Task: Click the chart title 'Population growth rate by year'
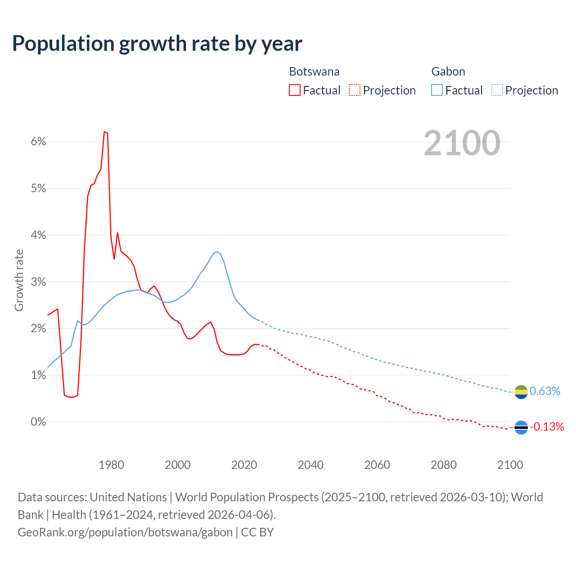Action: pyautogui.click(x=157, y=44)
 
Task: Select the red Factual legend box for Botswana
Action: pyautogui.click(x=295, y=90)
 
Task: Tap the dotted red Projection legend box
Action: pyautogui.click(x=355, y=90)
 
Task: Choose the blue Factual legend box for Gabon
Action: pyautogui.click(x=437, y=90)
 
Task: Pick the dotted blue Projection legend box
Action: pyautogui.click(x=497, y=90)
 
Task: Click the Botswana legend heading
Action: pyautogui.click(x=314, y=72)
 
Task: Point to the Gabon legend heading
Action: pyautogui.click(x=448, y=72)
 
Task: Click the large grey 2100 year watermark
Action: pyautogui.click(x=462, y=143)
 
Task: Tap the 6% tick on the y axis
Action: pyautogui.click(x=39, y=142)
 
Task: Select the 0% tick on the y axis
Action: pyautogui.click(x=39, y=422)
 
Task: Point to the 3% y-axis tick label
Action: pyautogui.click(x=39, y=282)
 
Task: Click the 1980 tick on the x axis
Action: pyautogui.click(x=111, y=465)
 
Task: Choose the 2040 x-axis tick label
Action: pyautogui.click(x=310, y=465)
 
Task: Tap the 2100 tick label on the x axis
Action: pyautogui.click(x=510, y=465)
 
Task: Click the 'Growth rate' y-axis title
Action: pyautogui.click(x=19, y=280)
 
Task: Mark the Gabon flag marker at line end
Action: pyautogui.click(x=521, y=392)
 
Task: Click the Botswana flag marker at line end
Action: pyautogui.click(x=521, y=427)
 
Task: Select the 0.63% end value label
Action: pyautogui.click(x=545, y=391)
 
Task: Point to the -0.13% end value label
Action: pyautogui.click(x=547, y=427)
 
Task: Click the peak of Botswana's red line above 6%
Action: pyautogui.click(x=104, y=131)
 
